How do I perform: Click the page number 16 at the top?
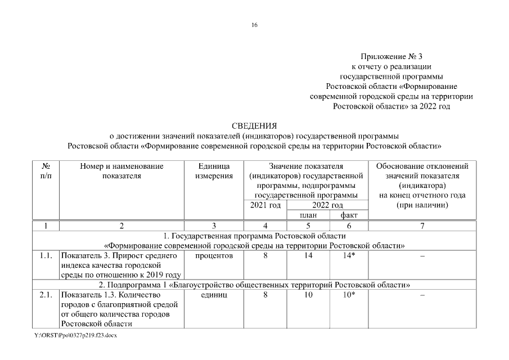pos(255,25)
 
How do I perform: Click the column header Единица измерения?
pos(214,171)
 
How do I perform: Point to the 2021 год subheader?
pos(265,205)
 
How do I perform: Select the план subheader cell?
pos(308,215)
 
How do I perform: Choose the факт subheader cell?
pos(349,215)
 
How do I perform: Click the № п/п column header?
pos(47,171)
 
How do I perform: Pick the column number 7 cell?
pos(422,226)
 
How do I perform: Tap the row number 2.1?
pos(47,295)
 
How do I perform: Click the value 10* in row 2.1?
pos(349,295)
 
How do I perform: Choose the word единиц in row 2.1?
pos(214,295)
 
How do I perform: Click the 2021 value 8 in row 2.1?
pos(265,295)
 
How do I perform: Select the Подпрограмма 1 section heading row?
pos(254,285)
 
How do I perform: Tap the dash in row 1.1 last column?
pos(422,256)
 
